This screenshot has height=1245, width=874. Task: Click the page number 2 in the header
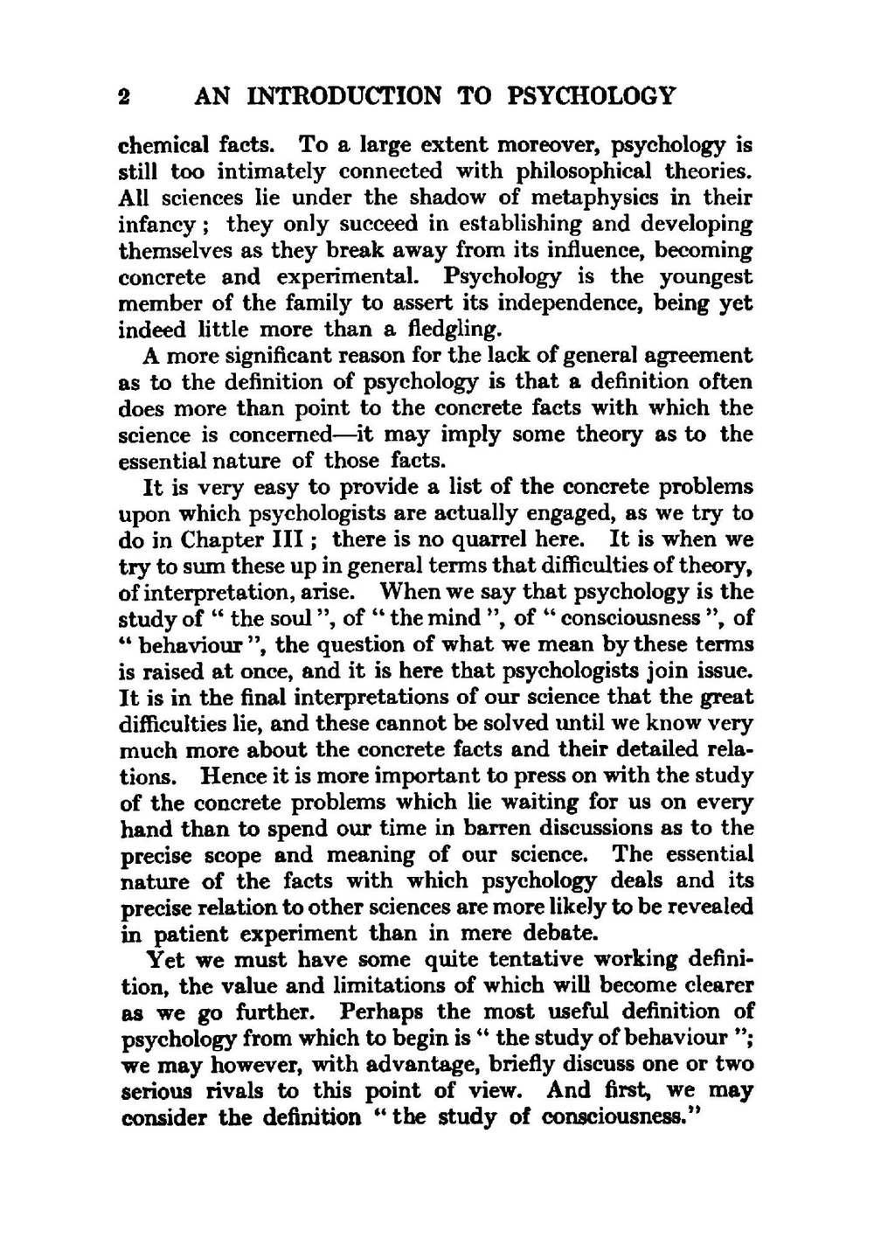(x=124, y=96)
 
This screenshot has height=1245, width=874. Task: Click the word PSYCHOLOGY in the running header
(x=591, y=95)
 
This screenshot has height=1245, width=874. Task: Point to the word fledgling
(x=454, y=330)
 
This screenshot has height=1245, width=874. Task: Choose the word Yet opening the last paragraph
(x=164, y=960)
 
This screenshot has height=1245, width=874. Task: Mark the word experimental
(x=354, y=277)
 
